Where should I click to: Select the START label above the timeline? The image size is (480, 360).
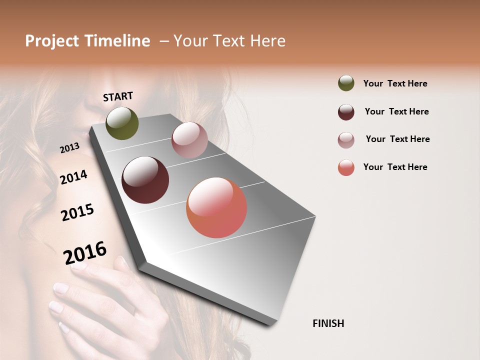(118, 96)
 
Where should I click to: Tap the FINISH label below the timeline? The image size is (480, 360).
(328, 323)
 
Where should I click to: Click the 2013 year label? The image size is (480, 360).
(70, 148)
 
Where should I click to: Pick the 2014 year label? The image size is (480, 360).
(74, 177)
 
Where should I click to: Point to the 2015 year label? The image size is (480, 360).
(77, 212)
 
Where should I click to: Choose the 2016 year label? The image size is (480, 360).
(85, 253)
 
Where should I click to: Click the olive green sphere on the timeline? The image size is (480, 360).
(122, 123)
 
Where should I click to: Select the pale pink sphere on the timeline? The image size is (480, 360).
(189, 140)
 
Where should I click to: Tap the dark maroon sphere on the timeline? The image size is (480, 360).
(145, 180)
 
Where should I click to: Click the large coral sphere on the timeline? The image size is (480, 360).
(216, 207)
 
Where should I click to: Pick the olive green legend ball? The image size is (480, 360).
(346, 83)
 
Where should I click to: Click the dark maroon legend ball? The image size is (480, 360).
(346, 112)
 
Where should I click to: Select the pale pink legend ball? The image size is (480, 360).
(346, 140)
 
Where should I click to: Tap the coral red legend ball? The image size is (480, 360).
(346, 167)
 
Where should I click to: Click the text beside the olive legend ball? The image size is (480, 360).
(395, 83)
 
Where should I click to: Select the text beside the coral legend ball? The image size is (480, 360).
(395, 167)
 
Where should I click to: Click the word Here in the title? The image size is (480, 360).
(267, 41)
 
